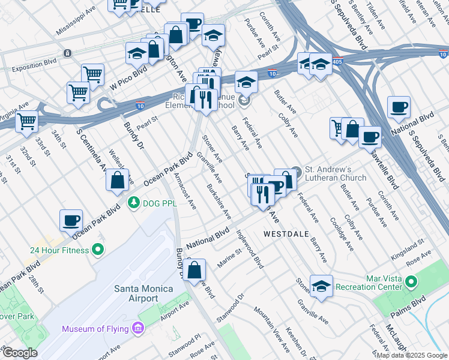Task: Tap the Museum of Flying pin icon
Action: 139,328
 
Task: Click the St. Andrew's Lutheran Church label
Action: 336,173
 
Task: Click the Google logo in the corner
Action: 19,353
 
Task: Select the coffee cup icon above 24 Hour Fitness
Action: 71,220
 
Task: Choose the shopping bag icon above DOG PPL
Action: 118,180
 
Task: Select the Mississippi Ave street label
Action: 76,20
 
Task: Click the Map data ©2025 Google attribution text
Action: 411,355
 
